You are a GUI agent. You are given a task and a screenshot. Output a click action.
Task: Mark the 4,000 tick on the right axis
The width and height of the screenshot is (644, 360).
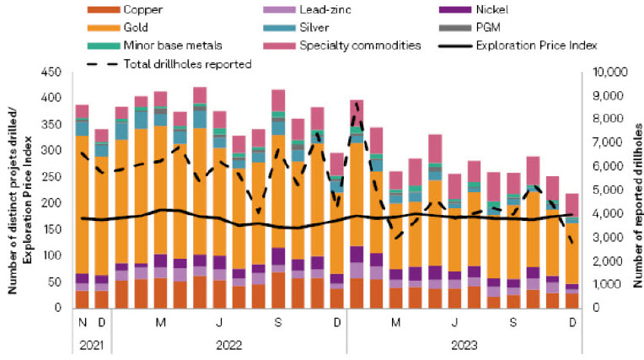603,214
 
